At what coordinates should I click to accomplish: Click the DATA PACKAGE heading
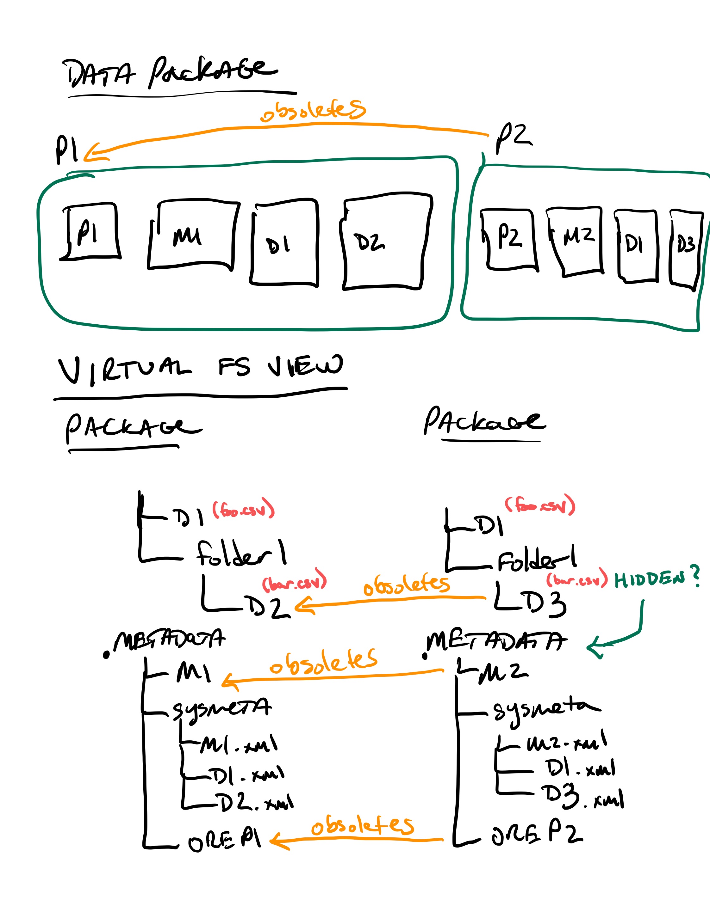tap(170, 74)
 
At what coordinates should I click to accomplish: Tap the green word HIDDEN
tap(650, 580)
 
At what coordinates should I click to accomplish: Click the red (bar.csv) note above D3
tap(577, 579)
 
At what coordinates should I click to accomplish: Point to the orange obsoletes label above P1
tap(313, 110)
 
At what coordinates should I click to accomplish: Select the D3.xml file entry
tap(582, 797)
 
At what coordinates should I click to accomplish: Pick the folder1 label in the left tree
tap(242, 554)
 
